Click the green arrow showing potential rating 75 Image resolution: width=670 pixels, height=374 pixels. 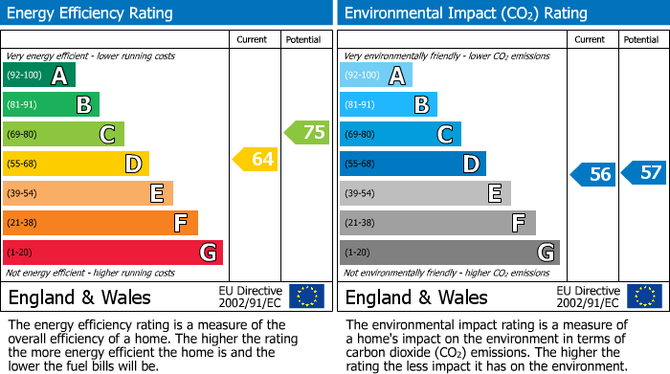[306, 132]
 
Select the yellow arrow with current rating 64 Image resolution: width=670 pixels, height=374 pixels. [256, 159]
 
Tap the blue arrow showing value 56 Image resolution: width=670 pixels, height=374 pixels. [593, 173]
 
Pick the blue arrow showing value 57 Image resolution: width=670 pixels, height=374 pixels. [644, 173]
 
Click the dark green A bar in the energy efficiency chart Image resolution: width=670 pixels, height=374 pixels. [39, 76]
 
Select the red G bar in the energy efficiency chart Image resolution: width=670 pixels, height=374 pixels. [113, 253]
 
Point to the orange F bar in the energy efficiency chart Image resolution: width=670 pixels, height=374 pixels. [100, 223]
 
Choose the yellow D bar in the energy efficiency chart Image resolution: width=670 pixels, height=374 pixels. [76, 164]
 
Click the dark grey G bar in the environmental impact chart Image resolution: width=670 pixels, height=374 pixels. [449, 253]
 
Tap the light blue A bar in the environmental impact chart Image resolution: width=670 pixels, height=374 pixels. [376, 76]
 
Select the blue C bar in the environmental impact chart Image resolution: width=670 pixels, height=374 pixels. [400, 134]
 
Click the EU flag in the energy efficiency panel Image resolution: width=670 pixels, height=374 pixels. [306, 296]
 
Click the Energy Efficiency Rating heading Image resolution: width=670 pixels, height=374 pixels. [91, 13]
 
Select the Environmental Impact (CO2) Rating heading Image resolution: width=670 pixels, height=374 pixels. [465, 13]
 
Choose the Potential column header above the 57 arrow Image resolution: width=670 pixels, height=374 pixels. [640, 39]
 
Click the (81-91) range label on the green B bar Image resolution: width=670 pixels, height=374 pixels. [24, 105]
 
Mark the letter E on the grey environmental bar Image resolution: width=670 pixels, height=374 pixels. [494, 193]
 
